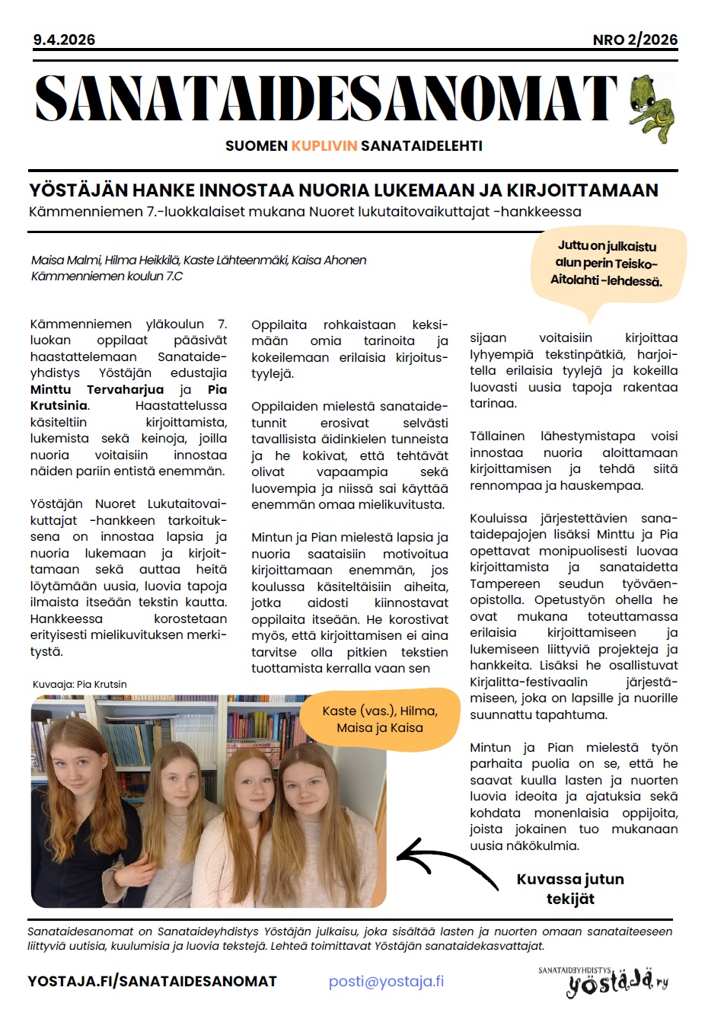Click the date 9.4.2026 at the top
tap(64, 40)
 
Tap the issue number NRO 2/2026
tap(635, 40)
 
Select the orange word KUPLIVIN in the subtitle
tap(324, 145)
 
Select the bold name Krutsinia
tap(59, 406)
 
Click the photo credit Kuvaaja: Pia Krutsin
tap(79, 684)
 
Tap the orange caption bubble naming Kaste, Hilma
tap(380, 719)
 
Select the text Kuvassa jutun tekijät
tap(570, 889)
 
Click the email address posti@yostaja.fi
tap(386, 981)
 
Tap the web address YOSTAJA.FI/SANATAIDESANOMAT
tap(152, 981)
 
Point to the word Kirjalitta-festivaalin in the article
tap(528, 682)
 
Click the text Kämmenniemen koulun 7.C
tap(107, 276)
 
